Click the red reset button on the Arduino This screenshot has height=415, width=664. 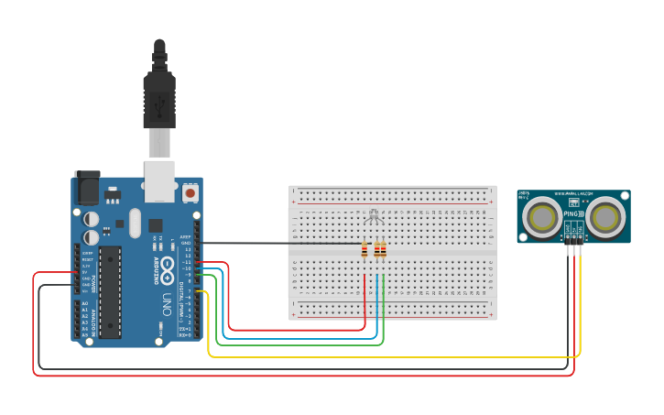click(x=190, y=193)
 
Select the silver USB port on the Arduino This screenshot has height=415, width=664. click(x=159, y=180)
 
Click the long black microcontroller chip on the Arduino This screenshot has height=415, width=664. click(x=110, y=291)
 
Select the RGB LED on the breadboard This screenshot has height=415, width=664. click(x=373, y=217)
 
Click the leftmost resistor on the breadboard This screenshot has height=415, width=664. click(x=365, y=249)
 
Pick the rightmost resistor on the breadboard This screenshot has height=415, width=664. click(x=383, y=249)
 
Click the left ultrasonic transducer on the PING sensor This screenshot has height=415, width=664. click(x=542, y=217)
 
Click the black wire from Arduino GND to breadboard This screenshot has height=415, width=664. click(x=275, y=243)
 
